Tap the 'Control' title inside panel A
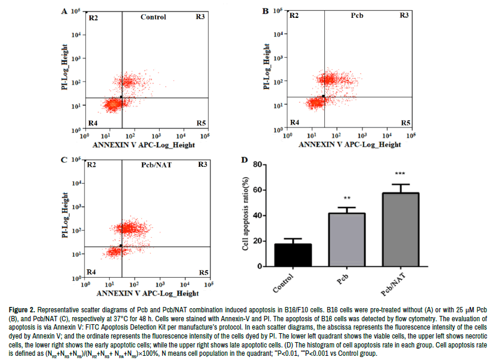pos(153,17)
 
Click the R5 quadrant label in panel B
pos(405,122)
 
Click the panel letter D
pos(243,160)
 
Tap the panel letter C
pos(64,160)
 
